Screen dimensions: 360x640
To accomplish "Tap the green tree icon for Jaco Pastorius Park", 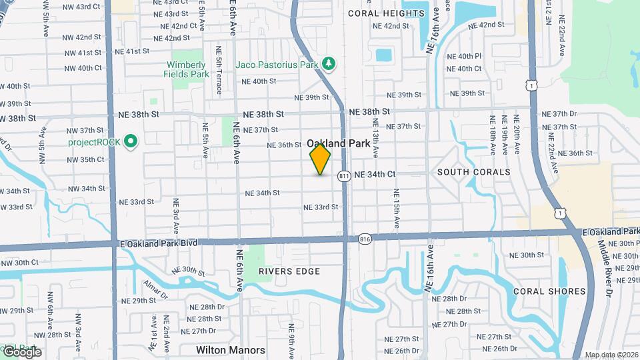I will [x=328, y=63].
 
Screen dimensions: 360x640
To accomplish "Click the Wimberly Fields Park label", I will [x=187, y=69].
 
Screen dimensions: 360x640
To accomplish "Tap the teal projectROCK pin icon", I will [x=131, y=141].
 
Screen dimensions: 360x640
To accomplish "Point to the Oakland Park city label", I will [x=338, y=143].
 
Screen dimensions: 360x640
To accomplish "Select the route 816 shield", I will [x=364, y=239].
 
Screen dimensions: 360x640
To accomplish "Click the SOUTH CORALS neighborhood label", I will [x=474, y=172].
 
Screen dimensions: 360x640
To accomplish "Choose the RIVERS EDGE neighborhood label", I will [x=289, y=271].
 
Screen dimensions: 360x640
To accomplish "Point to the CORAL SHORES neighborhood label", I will [x=549, y=291].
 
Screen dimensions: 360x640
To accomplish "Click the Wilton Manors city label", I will [x=231, y=350].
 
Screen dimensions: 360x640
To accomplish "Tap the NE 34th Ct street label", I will [x=375, y=174].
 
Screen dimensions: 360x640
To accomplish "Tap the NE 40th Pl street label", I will [x=464, y=56].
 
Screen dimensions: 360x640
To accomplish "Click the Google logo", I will [x=22, y=351].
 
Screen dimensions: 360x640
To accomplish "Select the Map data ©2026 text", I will [x=611, y=355].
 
